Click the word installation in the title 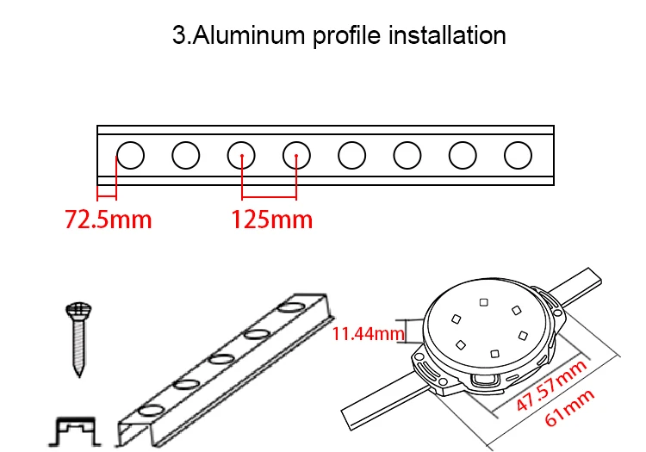point(448,36)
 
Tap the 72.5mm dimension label point(109,220)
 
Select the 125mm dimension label point(271,220)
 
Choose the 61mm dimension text point(569,409)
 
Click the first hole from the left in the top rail point(131,155)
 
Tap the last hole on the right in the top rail point(518,155)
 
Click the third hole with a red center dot point(242,155)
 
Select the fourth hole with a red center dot point(296,155)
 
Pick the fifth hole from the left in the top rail point(351,155)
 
